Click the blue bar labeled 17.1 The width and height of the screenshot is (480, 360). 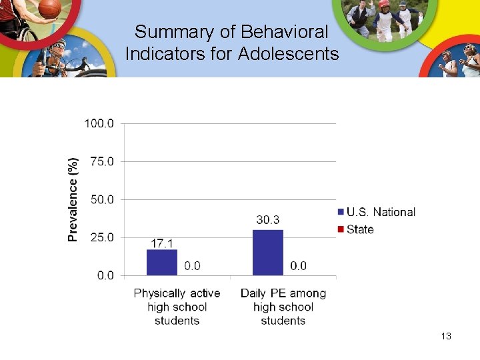161,262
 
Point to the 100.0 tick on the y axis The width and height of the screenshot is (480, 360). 99,123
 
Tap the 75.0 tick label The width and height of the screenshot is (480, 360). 101,161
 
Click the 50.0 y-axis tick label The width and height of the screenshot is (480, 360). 101,199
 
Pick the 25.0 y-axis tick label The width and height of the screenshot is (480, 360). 101,237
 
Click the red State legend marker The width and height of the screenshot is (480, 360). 341,229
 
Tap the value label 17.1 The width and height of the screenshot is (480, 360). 162,243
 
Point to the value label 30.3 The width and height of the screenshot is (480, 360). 267,220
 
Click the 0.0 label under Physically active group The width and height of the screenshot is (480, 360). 192,266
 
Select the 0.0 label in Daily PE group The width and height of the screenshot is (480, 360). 298,266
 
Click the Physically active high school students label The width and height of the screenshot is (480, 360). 177,307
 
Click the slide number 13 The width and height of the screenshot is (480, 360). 446,336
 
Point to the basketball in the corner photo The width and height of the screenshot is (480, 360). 49,8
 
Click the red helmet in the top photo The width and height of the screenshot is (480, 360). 384,4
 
